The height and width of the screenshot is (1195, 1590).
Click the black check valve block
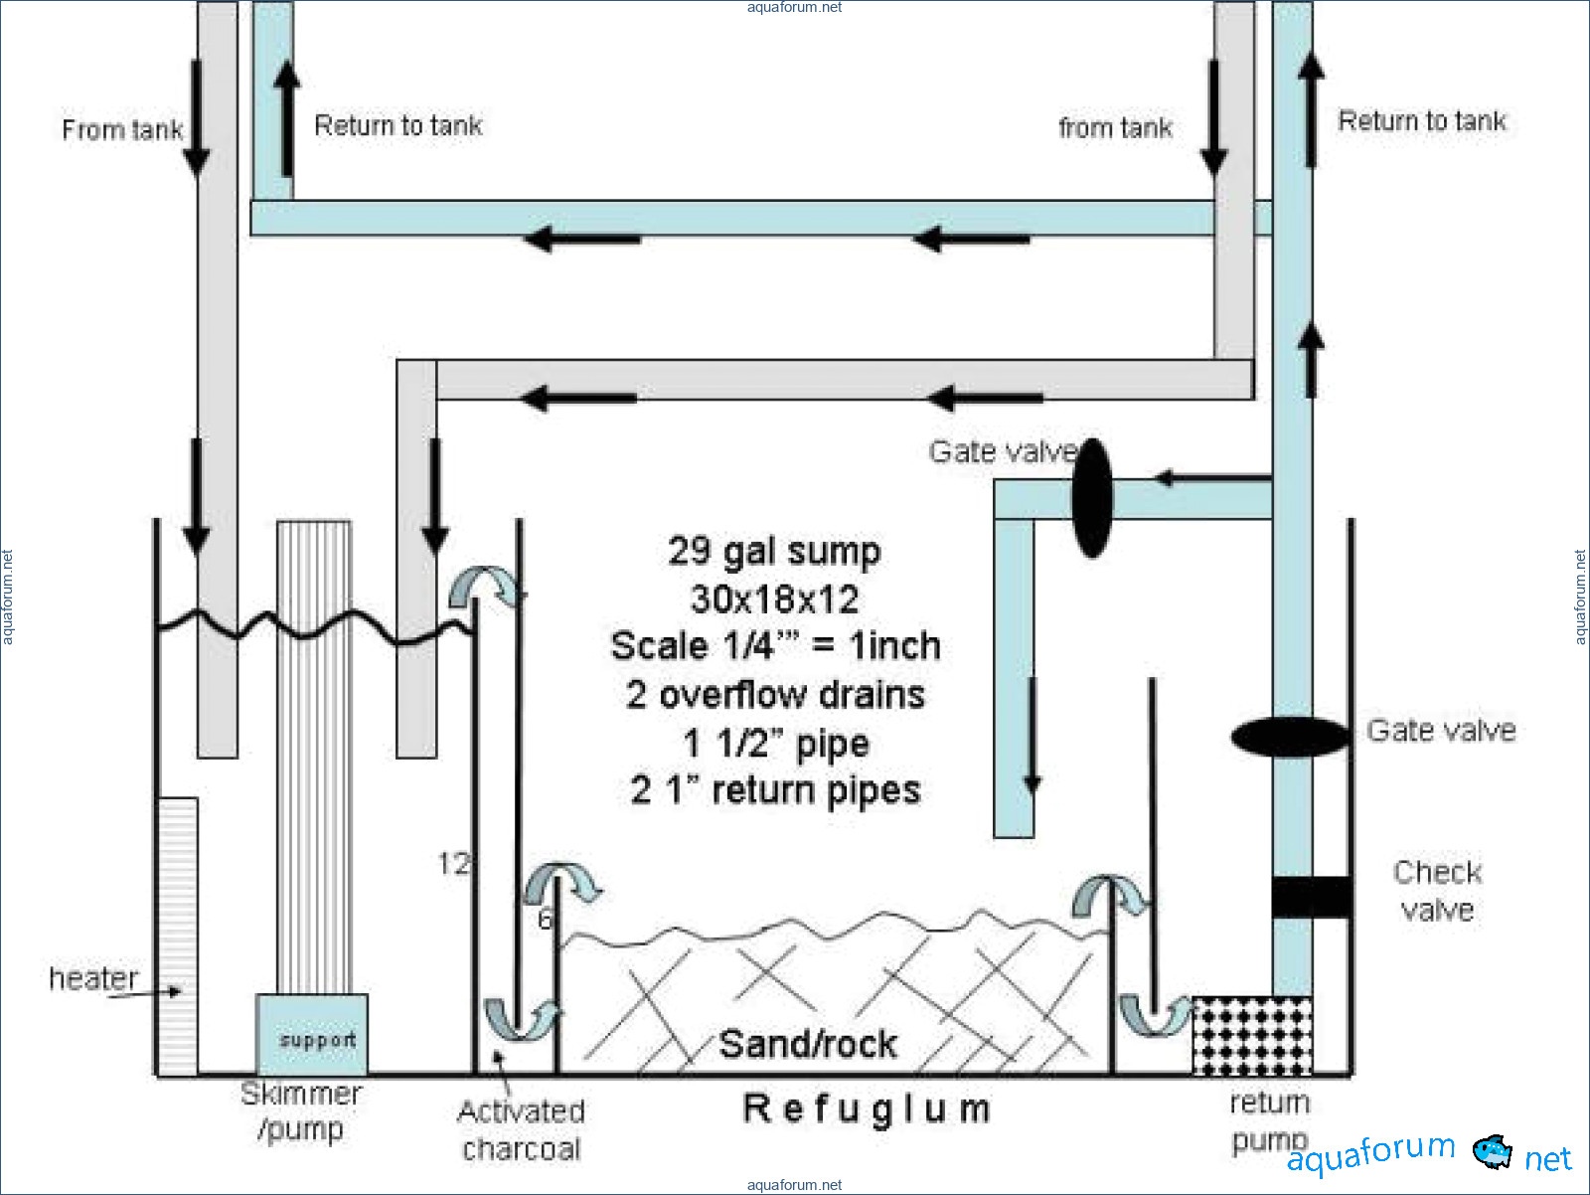click(x=1311, y=897)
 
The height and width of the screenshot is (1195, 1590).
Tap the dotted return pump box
click(x=1251, y=1035)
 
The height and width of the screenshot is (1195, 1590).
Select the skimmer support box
click(x=312, y=1035)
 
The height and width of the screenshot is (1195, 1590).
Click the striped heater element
click(x=178, y=935)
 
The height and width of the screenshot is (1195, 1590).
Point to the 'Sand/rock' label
click(x=807, y=1044)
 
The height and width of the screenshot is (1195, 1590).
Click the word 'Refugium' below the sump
click(x=867, y=1109)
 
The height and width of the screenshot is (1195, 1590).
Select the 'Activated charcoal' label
click(x=521, y=1130)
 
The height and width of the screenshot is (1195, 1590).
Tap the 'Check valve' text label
click(x=1437, y=891)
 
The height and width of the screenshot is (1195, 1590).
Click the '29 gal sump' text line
click(x=774, y=552)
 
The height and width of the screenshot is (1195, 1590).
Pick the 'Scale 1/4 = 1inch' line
click(x=775, y=646)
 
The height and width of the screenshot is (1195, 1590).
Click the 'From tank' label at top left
click(x=121, y=130)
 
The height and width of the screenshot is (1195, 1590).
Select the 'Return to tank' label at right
click(x=1421, y=121)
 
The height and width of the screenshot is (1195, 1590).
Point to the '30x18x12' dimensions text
click(x=774, y=599)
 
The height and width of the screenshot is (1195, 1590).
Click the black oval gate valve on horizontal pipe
click(x=1092, y=498)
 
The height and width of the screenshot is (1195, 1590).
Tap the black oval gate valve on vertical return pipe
click(x=1290, y=737)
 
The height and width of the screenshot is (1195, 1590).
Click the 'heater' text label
click(x=93, y=978)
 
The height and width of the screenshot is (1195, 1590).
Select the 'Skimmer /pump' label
click(x=300, y=1111)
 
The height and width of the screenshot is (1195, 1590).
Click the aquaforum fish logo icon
click(x=1492, y=1152)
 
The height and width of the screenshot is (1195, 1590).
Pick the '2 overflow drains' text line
click(x=775, y=694)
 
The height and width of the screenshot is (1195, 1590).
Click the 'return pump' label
click(x=1269, y=1121)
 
